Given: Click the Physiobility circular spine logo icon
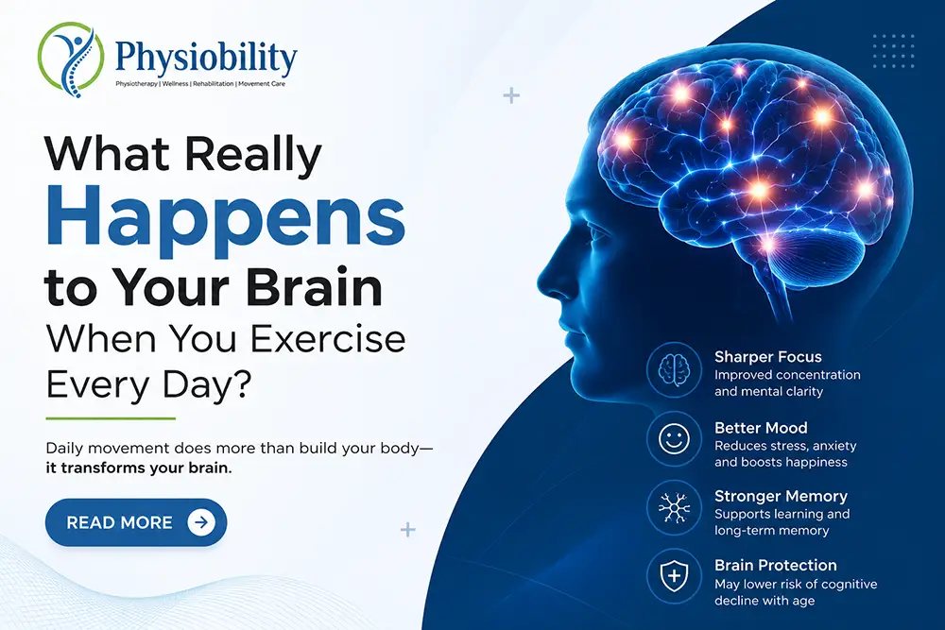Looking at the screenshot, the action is click(x=71, y=59).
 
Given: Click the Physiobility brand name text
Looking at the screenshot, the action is click(x=206, y=58).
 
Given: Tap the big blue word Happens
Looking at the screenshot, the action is click(x=226, y=217).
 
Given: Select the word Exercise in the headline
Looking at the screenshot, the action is click(x=328, y=338).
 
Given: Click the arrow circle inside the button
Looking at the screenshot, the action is click(x=201, y=522).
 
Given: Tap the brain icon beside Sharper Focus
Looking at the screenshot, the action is click(x=675, y=370).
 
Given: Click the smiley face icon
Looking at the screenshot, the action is click(x=675, y=438).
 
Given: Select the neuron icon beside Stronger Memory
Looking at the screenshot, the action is click(x=675, y=507).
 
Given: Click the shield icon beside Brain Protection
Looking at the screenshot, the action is click(x=675, y=576).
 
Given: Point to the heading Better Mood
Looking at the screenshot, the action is click(x=761, y=428).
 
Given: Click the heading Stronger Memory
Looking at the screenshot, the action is click(x=782, y=496).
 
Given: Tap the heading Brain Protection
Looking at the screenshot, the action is click(x=776, y=565).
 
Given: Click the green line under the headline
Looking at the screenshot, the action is click(x=111, y=418).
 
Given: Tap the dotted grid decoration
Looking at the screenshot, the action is click(x=894, y=51).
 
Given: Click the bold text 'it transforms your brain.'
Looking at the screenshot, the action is click(x=139, y=468).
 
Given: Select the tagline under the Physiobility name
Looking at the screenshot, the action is click(x=200, y=84).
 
